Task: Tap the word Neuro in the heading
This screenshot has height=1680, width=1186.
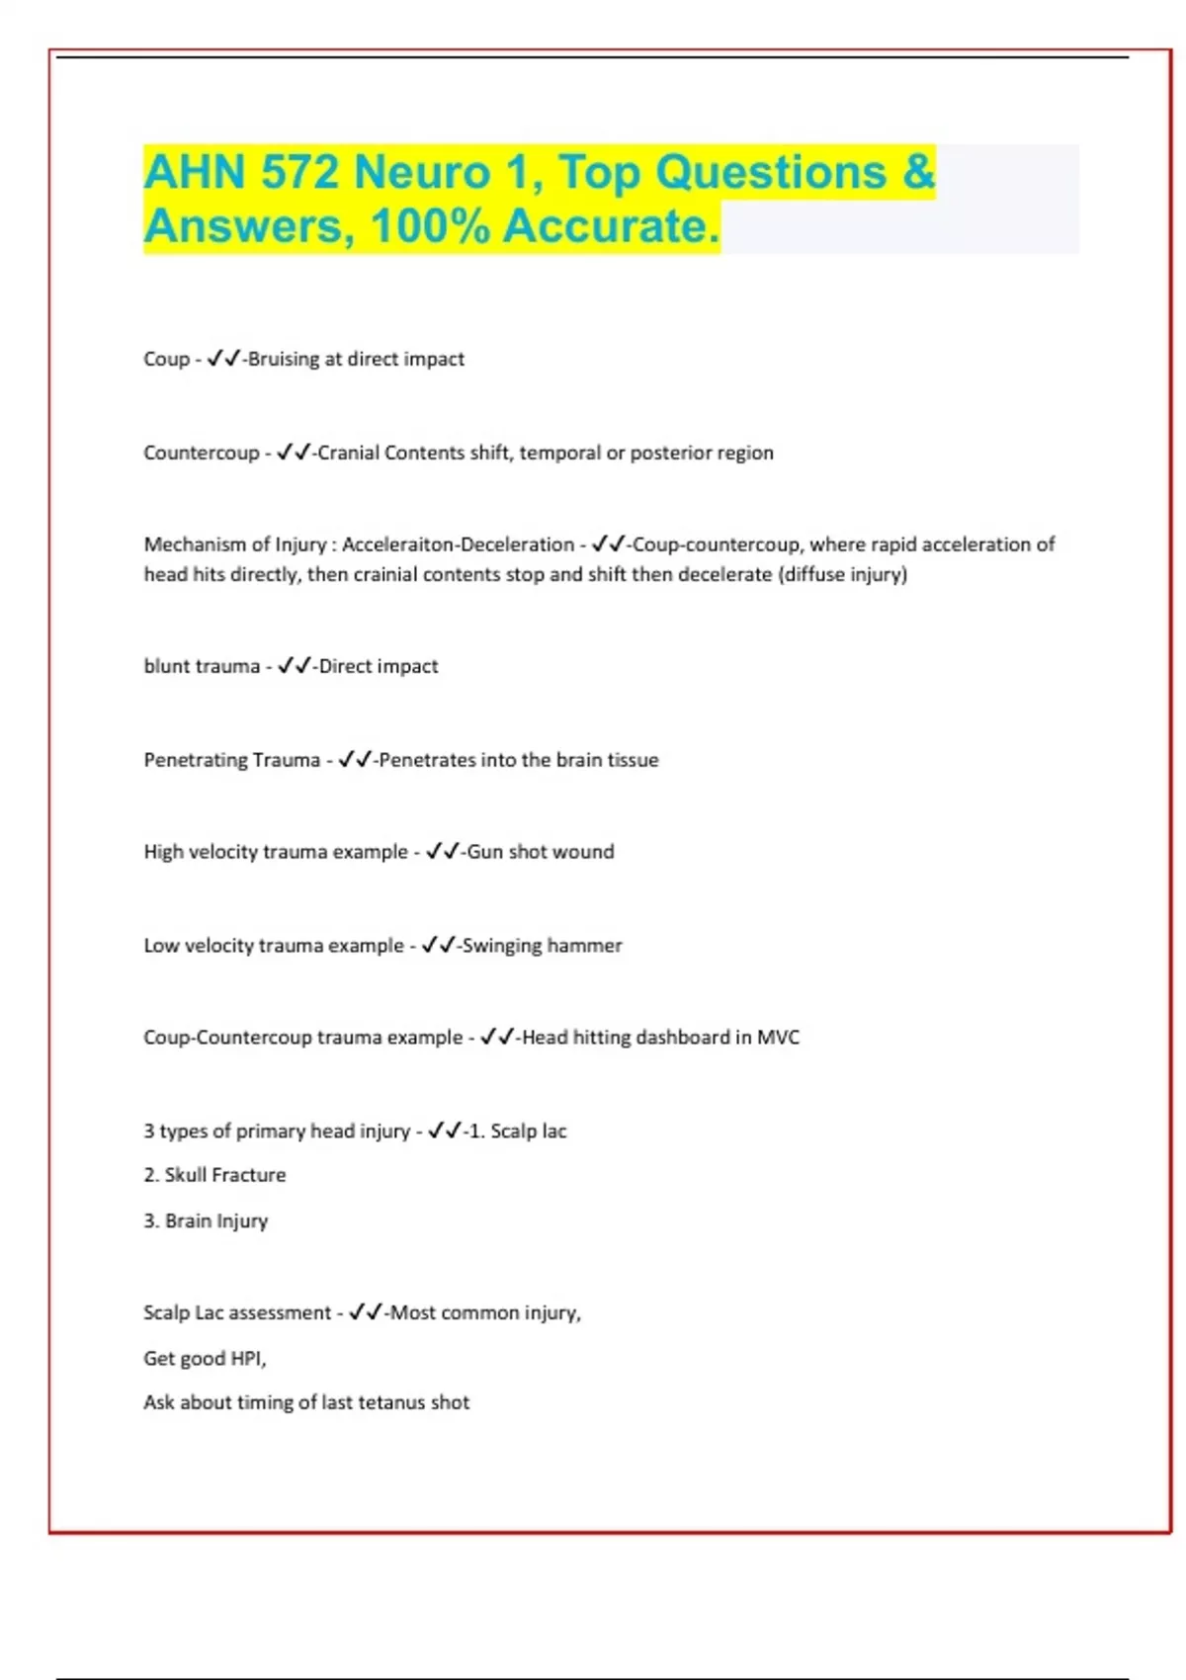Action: pos(422,172)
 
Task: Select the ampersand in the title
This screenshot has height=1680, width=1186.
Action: pos(918,172)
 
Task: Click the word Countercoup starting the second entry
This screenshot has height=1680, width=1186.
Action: pos(201,453)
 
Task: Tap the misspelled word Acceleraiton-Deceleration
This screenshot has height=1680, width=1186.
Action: pos(458,545)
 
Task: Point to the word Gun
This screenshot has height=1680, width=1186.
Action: pos(484,852)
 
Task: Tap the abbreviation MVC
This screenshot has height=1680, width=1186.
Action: pos(778,1038)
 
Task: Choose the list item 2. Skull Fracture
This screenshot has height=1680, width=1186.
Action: pos(214,1175)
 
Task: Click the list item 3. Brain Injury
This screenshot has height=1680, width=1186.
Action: pos(206,1220)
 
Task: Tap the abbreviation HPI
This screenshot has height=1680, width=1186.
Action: pos(247,1359)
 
